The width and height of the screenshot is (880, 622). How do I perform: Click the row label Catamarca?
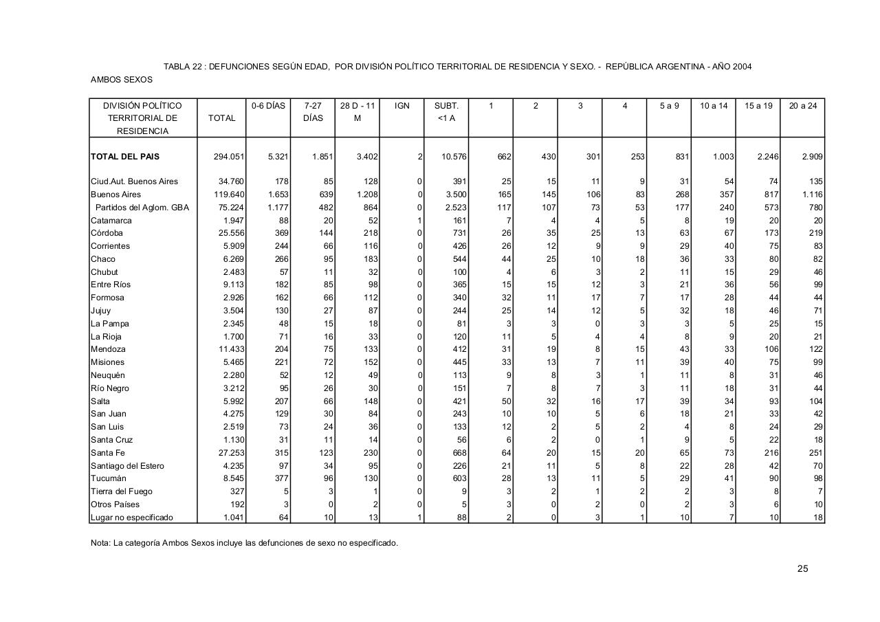coord(111,221)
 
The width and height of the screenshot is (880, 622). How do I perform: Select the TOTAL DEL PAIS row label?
coord(125,157)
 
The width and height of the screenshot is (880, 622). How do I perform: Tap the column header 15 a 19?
coord(758,106)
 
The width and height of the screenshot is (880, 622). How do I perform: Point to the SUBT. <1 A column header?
coord(446,112)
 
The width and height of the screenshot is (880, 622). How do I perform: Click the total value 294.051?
coord(229,157)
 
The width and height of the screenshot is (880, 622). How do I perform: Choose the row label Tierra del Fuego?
coord(122,491)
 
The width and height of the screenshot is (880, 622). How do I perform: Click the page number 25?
coord(802,568)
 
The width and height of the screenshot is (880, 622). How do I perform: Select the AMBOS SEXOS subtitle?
coord(122,80)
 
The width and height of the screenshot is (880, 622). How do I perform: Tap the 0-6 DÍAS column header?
coord(268,106)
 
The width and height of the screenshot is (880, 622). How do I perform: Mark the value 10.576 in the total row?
coord(454,157)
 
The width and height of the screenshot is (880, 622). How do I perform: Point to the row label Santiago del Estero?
coord(128,466)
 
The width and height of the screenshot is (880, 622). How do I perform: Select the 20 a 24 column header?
coord(802,106)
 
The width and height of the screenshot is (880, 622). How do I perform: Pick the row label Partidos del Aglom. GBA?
coord(142,208)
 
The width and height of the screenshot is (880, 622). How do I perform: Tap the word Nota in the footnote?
coord(100,543)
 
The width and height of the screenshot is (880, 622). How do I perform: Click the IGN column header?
coord(402,106)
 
